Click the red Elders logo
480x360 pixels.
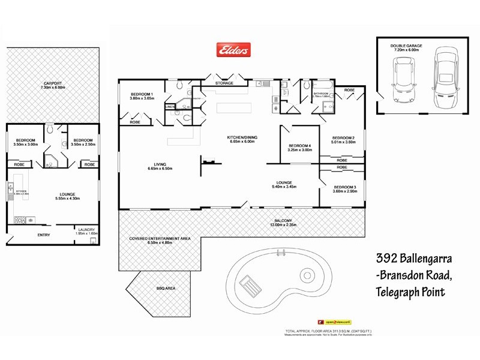233,50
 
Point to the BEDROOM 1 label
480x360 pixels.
143,94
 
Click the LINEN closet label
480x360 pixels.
170,106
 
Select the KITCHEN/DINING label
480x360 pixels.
242,137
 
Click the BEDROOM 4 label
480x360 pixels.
299,146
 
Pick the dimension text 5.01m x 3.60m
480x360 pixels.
344,142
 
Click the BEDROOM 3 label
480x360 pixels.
344,187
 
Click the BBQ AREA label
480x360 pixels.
166,289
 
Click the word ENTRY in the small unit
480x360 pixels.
44,235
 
